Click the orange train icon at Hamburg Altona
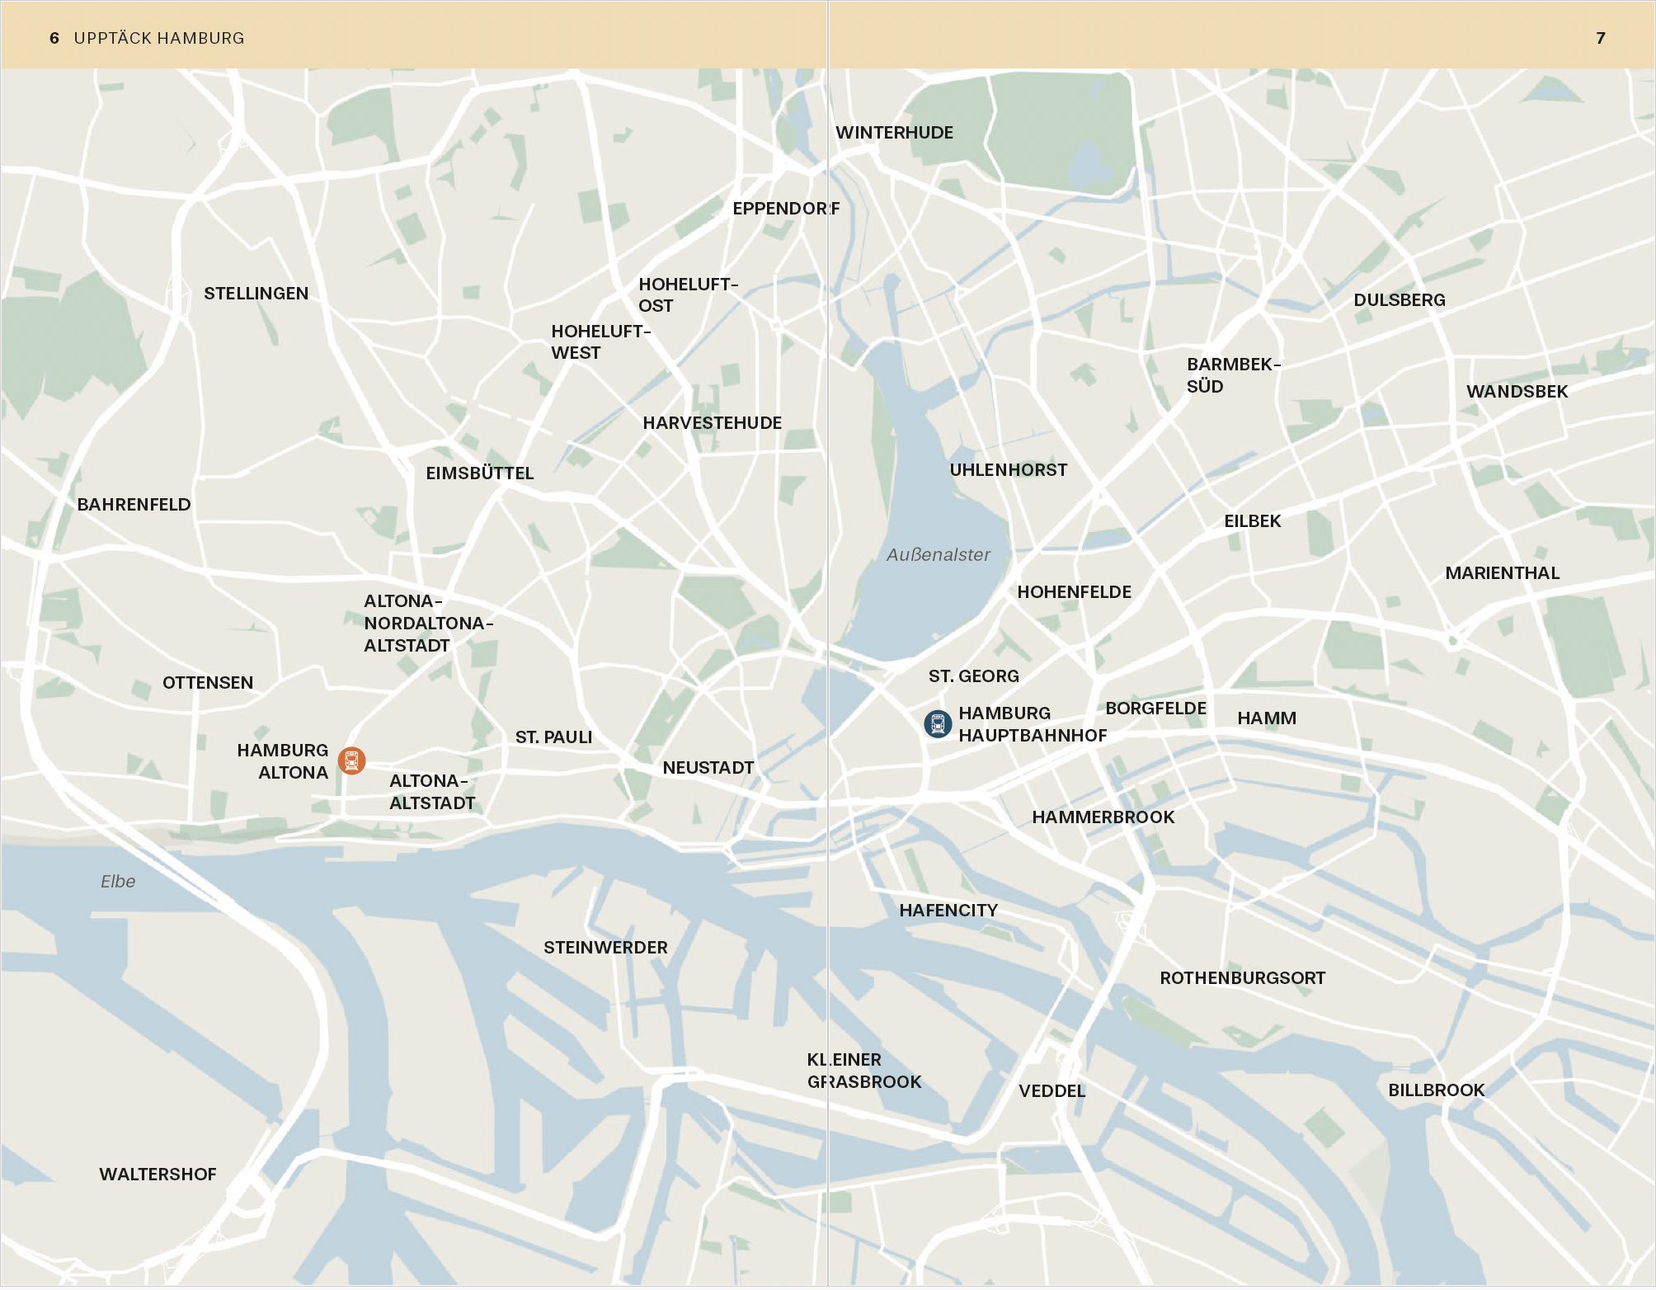[352, 760]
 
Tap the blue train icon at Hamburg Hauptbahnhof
[938, 724]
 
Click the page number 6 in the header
[54, 38]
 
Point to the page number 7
[1600, 38]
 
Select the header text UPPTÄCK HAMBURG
[159, 38]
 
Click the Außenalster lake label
[938, 555]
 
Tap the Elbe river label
[118, 882]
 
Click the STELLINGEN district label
[256, 294]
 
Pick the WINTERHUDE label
[894, 133]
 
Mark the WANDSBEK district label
[1517, 392]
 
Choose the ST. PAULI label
[553, 737]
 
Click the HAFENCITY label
[948, 911]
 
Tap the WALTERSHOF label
[158, 1175]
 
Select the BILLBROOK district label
[1436, 1090]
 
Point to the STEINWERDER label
[605, 948]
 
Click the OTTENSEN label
[208, 683]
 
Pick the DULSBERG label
[1399, 300]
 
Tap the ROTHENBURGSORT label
[1242, 978]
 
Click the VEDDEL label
[1051, 1091]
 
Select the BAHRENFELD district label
[134, 505]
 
